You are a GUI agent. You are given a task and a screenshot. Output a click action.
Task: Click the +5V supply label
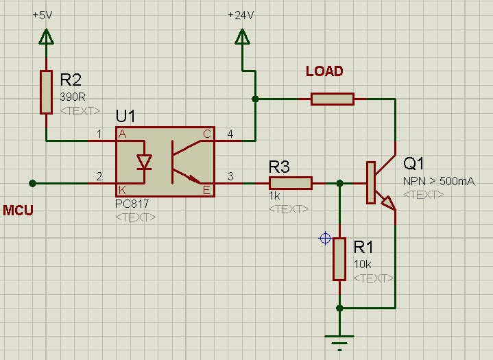[x=42, y=15]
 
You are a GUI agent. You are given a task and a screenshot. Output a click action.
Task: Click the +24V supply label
[x=241, y=15]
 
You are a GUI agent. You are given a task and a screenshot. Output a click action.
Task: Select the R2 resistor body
[x=46, y=91]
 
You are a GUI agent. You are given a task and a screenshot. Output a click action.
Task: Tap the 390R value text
[x=72, y=97]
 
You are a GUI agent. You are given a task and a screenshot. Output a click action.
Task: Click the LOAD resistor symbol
[x=333, y=99]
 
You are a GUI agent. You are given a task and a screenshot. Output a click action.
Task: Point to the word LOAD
[x=324, y=71]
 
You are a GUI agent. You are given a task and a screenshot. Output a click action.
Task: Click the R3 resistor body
[x=290, y=183]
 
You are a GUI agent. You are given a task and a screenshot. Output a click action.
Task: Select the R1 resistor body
[x=339, y=259]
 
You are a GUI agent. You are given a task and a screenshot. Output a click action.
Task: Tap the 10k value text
[x=363, y=264]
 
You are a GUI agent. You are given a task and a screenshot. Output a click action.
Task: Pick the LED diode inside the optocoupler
[x=145, y=162]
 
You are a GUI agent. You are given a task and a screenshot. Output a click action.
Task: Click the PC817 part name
[x=132, y=204]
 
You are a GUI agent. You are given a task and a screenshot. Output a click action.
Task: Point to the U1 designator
[x=126, y=115]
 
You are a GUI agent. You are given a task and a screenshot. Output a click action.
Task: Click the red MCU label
[x=19, y=210]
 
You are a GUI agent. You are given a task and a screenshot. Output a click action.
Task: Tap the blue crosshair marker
[x=325, y=239]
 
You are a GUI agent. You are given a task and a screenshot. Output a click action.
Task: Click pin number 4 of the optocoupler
[x=230, y=134]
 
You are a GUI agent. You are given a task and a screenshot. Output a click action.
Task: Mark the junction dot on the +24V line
[x=255, y=99]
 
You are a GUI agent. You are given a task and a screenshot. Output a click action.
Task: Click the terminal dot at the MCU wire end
[x=32, y=183]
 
